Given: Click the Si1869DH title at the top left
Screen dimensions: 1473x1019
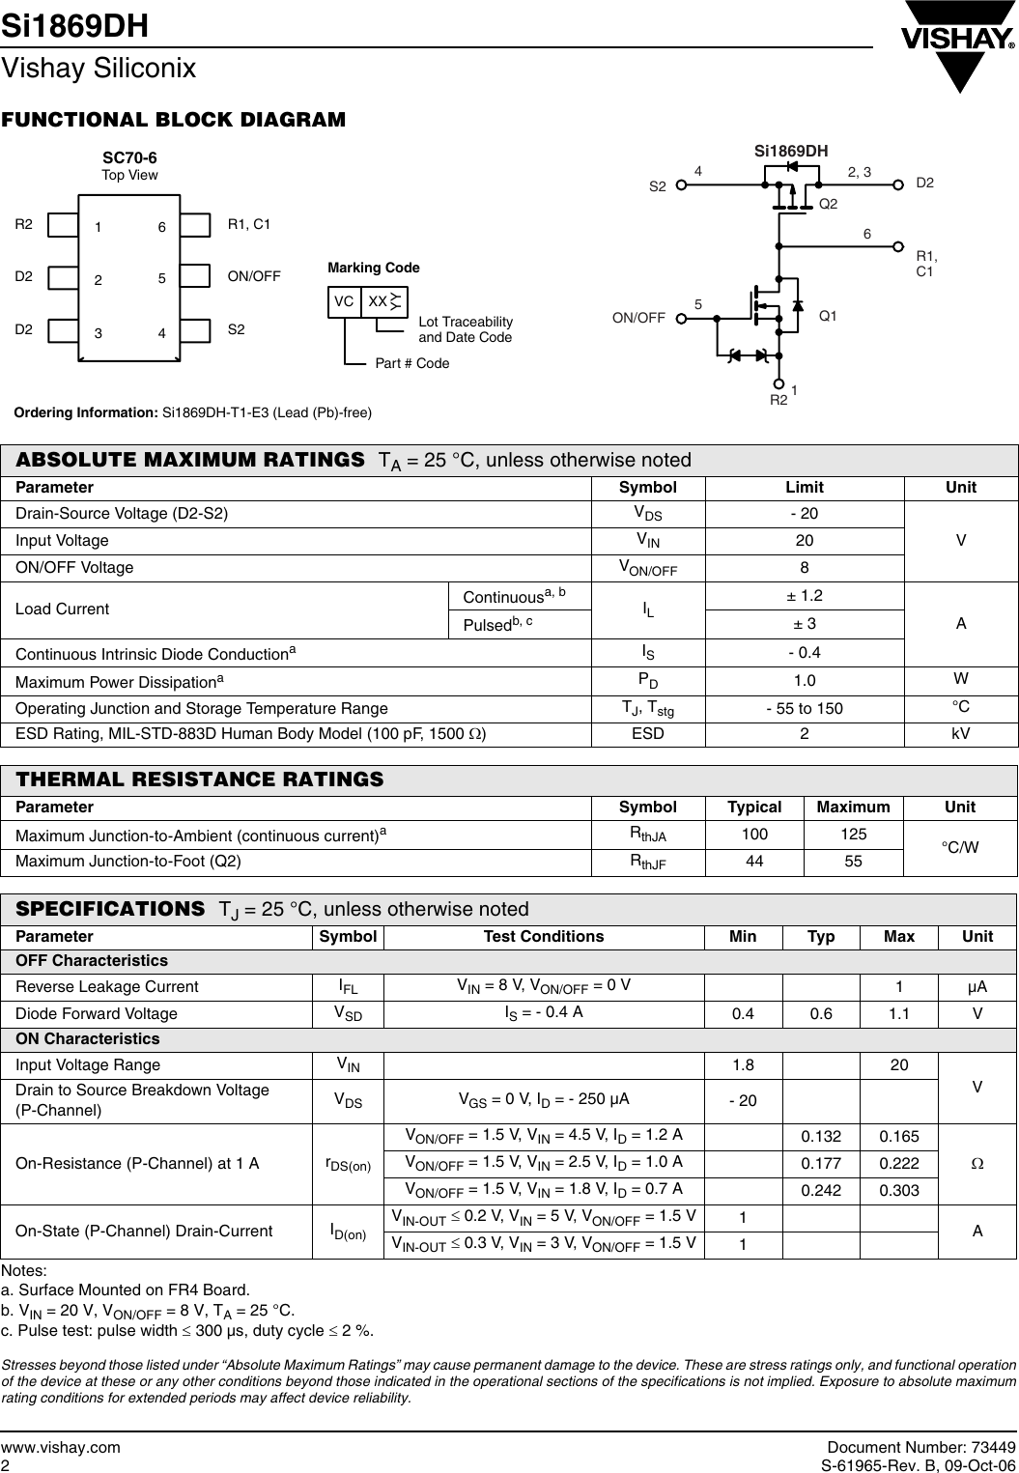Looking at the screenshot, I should point(75,26).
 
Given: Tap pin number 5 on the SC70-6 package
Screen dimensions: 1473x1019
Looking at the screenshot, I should point(162,279).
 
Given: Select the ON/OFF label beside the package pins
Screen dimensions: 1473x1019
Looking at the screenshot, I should point(254,276).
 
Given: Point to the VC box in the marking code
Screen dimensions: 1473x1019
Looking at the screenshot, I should point(344,301).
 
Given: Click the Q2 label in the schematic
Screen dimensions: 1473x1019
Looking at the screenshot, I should point(828,204).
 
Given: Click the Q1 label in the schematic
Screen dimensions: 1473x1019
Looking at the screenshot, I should point(828,316).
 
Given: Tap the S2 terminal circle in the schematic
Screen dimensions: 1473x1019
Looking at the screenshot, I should point(681,185).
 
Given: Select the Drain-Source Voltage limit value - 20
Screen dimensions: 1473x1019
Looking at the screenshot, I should point(805,513).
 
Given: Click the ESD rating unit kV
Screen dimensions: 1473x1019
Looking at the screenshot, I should point(960,734).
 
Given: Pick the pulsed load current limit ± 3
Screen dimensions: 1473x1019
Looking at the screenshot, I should point(805,625).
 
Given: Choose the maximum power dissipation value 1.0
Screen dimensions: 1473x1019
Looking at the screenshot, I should point(805,681).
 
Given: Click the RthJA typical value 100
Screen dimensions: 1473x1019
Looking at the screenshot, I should point(753,834).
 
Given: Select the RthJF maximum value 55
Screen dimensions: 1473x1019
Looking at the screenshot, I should point(853,861).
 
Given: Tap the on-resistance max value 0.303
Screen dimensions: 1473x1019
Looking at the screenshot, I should point(898,1190).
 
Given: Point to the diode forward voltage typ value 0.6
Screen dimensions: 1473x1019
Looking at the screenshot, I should point(820,1013).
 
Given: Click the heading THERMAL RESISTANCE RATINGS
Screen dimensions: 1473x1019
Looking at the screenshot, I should point(200,779).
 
